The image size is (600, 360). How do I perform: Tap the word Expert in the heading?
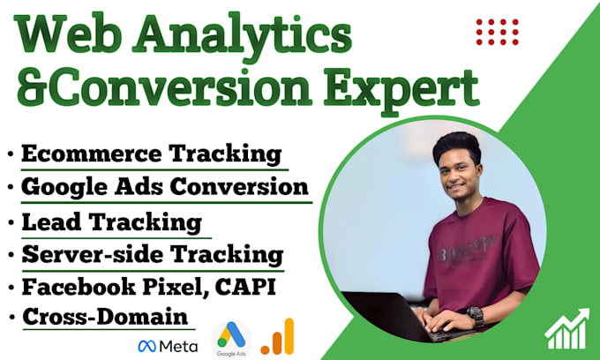point(402,91)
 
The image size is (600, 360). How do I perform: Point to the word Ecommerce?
point(92,154)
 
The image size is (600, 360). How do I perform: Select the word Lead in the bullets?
point(51,222)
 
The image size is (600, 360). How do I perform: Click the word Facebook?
point(79,287)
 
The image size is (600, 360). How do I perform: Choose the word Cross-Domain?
point(105,317)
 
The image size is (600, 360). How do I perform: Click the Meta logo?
point(168,346)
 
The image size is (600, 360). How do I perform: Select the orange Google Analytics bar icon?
point(277,336)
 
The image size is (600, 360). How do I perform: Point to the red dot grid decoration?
point(498,32)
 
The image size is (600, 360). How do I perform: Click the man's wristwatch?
point(476,316)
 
